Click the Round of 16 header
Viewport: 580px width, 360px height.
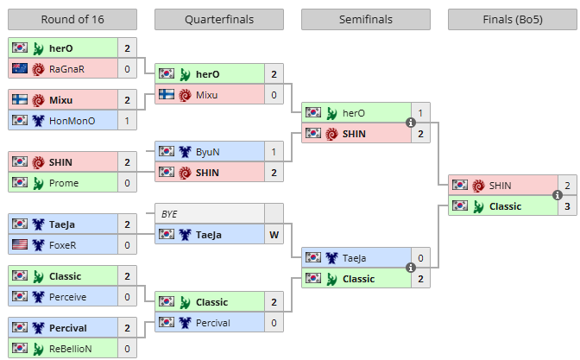tap(72, 19)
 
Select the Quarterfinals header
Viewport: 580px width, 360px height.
tap(219, 19)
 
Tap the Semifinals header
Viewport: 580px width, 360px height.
tap(366, 19)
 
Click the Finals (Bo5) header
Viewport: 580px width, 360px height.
tap(513, 19)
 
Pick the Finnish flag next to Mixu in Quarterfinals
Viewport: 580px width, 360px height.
tap(167, 95)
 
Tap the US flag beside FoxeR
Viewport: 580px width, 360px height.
tap(20, 244)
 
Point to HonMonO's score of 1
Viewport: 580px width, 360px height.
tap(127, 121)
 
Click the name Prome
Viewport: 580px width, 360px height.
tap(64, 183)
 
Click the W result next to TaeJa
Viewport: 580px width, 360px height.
tap(274, 233)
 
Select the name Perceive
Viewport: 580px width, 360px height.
tap(68, 296)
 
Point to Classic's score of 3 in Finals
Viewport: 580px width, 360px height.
tap(567, 206)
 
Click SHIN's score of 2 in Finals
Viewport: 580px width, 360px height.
tap(567, 186)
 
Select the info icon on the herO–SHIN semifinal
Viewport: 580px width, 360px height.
tap(411, 123)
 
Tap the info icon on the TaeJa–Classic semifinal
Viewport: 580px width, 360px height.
tap(411, 268)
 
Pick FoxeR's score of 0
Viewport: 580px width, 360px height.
tap(127, 244)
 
